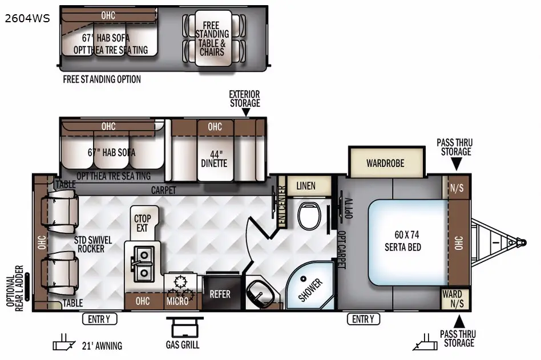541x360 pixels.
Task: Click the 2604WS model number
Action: point(27,18)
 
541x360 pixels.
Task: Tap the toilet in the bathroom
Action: point(309,216)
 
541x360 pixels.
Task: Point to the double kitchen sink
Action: point(142,264)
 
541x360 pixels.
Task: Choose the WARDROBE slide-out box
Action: point(386,162)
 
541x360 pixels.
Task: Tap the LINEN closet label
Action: point(306,186)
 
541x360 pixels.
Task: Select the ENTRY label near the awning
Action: point(99,319)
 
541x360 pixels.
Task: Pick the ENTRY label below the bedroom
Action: point(364,319)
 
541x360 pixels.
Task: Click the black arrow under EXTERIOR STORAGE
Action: point(245,112)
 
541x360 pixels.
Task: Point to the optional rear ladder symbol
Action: point(27,286)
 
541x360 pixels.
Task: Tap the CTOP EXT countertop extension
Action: point(143,224)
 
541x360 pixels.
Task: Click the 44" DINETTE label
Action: point(214,159)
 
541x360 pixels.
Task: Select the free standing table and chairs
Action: point(213,38)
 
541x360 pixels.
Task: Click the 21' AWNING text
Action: point(102,346)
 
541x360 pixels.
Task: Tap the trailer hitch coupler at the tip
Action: point(522,242)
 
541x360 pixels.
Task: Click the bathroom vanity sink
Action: point(260,292)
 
